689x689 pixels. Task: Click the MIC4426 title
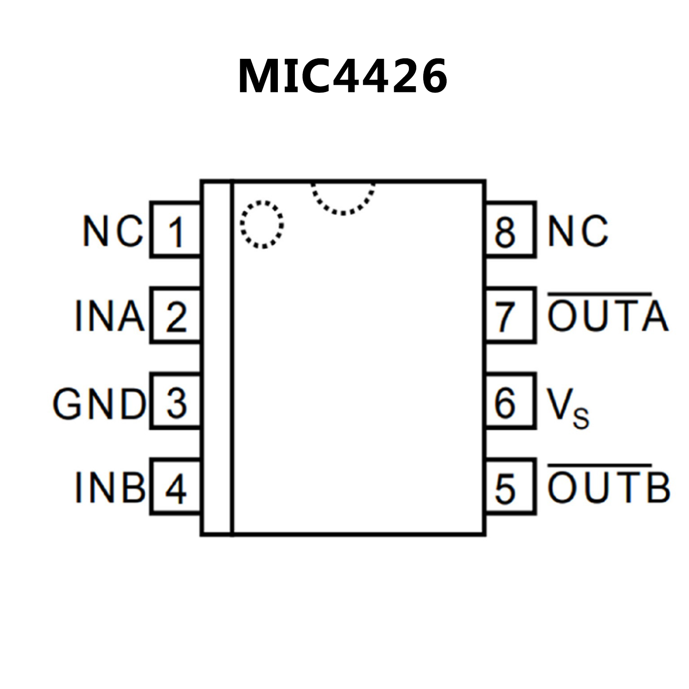coord(343,76)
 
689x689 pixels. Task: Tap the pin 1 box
coord(176,230)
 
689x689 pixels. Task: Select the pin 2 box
coord(176,316)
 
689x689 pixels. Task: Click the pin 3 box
coord(176,401)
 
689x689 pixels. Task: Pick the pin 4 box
coord(176,487)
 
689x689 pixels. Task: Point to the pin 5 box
coord(510,487)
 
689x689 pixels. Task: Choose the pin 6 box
coord(510,401)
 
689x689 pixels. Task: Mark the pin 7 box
coord(510,316)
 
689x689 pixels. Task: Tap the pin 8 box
coord(510,230)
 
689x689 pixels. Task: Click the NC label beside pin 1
coord(113,231)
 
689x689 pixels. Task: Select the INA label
coord(110,316)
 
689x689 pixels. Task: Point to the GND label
coord(99,404)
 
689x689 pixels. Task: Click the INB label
coord(110,487)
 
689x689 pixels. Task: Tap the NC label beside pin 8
coord(578,231)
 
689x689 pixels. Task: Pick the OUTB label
coord(609,487)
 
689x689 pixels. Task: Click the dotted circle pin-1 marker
coord(262,224)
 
